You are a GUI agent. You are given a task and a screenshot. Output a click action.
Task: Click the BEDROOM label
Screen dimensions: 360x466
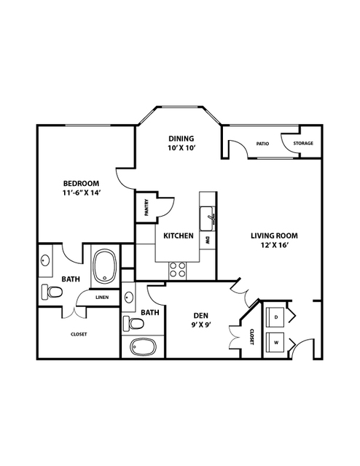tap(81, 183)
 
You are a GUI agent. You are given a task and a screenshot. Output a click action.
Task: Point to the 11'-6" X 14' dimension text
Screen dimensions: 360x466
tap(81, 193)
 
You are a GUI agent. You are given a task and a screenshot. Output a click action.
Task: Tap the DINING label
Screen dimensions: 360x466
tap(181, 139)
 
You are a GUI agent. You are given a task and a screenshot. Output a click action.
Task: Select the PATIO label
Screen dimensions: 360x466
tap(262, 144)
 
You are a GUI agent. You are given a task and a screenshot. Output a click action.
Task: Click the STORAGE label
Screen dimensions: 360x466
tap(303, 143)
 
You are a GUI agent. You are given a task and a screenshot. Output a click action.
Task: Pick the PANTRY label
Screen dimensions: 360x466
tap(146, 207)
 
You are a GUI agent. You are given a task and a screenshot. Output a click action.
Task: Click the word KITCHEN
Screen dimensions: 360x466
tap(179, 236)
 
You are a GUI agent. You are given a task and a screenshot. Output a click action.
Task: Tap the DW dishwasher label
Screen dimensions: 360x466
tap(207, 241)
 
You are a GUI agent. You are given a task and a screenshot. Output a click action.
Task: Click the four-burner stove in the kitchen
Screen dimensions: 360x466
tap(177, 270)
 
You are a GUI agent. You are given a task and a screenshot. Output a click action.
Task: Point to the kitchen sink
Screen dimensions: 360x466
tap(207, 219)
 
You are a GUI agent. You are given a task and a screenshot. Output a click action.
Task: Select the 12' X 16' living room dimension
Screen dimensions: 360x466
tap(275, 245)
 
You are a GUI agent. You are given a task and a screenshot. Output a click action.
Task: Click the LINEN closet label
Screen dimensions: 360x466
tap(102, 298)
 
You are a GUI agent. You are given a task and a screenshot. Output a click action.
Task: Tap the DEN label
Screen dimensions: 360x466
tap(201, 316)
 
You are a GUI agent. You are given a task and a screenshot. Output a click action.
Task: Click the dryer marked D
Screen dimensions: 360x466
tap(275, 317)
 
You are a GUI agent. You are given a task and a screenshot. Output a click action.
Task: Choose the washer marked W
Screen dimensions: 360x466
tap(275, 342)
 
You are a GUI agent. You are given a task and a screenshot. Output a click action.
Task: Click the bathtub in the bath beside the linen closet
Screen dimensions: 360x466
tap(104, 266)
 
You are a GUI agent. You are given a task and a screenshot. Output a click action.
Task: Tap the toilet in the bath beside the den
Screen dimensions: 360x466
tap(134, 323)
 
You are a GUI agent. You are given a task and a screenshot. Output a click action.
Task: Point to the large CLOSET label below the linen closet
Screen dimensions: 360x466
tap(79, 334)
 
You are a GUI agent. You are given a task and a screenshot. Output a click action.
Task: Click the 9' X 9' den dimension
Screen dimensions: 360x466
tap(201, 325)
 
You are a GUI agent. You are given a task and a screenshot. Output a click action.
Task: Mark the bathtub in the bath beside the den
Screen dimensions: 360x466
tap(144, 347)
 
